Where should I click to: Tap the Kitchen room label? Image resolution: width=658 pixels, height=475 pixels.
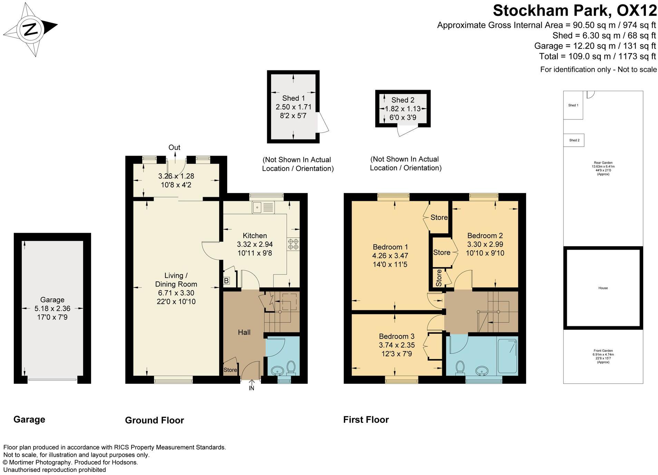click(254, 236)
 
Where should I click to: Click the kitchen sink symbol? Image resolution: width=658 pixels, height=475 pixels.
click(263, 207)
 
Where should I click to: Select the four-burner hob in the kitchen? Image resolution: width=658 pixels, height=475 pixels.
click(293, 244)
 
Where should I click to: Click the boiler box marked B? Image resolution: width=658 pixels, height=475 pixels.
click(226, 281)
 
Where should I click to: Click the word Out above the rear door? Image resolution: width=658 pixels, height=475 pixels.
click(174, 147)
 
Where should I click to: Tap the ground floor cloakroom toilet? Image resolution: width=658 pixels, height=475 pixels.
click(291, 368)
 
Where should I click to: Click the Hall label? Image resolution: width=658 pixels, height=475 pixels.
click(244, 332)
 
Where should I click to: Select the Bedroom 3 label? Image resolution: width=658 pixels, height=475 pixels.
click(396, 336)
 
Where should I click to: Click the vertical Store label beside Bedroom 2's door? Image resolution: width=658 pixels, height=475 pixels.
click(438, 278)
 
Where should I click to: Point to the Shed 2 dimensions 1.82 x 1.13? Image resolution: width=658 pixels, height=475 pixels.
click(403, 109)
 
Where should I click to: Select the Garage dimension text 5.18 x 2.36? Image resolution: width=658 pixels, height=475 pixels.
click(52, 309)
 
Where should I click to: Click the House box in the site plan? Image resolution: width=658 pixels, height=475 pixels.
click(603, 288)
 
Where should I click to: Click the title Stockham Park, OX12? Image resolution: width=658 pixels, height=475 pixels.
click(574, 10)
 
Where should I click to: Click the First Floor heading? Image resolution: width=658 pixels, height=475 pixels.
click(366, 420)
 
